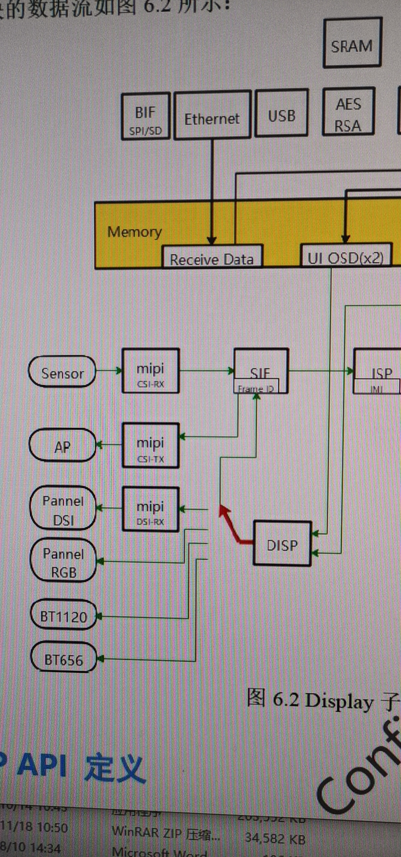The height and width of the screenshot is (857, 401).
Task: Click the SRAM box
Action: (352, 43)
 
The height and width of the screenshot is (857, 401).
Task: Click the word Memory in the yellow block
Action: (134, 232)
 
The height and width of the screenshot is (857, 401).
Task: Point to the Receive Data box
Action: (212, 258)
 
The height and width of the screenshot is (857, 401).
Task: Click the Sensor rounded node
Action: (62, 372)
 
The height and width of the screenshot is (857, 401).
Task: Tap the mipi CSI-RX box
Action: (151, 371)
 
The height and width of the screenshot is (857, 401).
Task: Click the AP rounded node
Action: (62, 445)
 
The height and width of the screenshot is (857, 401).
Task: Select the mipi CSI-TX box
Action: (151, 445)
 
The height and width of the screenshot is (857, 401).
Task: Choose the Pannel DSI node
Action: (63, 509)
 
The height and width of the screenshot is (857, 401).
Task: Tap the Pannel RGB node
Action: (63, 562)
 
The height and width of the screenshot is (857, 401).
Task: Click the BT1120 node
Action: (63, 616)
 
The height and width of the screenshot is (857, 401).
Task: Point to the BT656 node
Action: (64, 658)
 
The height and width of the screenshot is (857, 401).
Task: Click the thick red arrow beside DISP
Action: (232, 527)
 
